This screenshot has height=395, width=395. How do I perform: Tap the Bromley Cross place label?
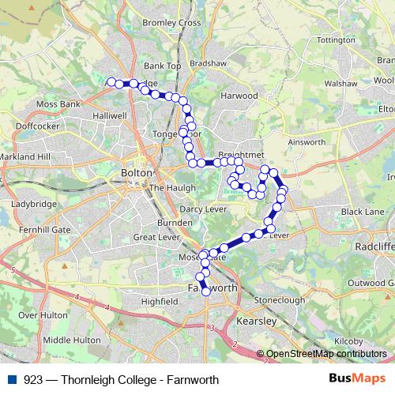171,24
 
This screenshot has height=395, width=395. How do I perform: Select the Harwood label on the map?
239,96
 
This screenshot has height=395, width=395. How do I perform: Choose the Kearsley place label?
256,322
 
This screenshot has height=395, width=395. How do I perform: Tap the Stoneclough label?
280,301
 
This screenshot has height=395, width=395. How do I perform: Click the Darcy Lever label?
204,209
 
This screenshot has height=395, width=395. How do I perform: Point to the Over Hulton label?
39,314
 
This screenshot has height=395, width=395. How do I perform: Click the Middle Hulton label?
72,340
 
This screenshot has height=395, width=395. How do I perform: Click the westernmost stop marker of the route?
111,81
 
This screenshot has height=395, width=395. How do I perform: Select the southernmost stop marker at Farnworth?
206,292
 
